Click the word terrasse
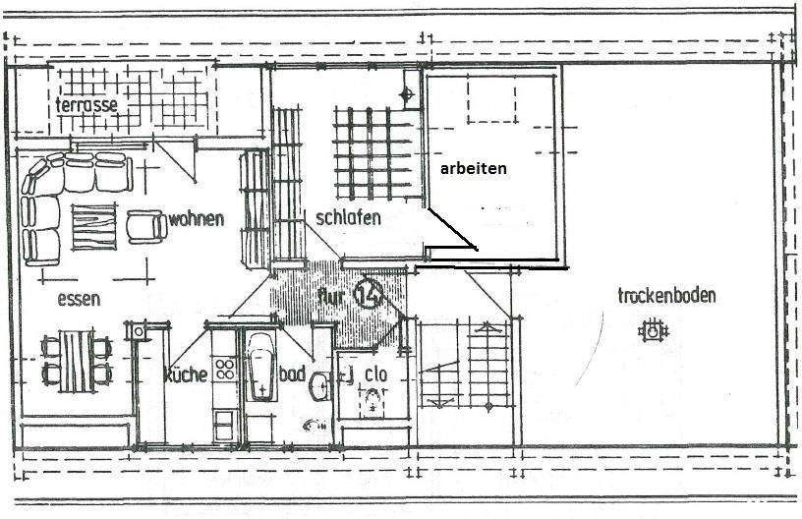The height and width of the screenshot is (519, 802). [x=86, y=105]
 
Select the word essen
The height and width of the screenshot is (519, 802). [x=78, y=300]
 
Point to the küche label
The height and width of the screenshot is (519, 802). [x=185, y=375]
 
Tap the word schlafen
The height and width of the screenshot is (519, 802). [x=348, y=218]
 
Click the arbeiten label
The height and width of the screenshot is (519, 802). [x=474, y=168]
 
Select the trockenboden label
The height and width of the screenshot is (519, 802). [x=666, y=295]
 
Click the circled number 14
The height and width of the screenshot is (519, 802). [x=369, y=292]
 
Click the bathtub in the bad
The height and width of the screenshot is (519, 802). [x=261, y=367]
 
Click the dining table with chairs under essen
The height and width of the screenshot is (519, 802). [x=75, y=360]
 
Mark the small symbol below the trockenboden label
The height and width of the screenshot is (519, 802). [x=651, y=333]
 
